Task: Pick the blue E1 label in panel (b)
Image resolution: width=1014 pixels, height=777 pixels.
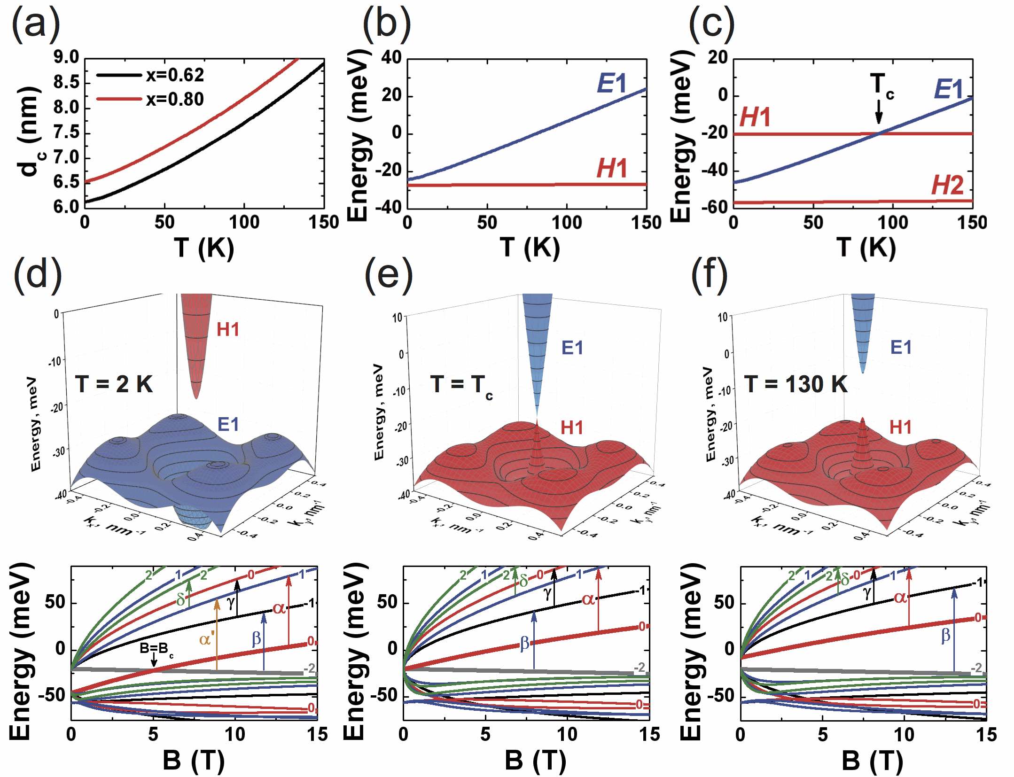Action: tap(612, 84)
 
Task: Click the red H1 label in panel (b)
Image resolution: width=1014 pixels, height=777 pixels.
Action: tap(612, 168)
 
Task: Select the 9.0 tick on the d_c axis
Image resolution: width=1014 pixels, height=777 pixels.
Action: tap(66, 58)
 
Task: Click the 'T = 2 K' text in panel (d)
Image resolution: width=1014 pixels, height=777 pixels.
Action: tap(114, 384)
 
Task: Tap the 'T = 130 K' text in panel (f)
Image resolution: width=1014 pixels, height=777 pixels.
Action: tap(796, 384)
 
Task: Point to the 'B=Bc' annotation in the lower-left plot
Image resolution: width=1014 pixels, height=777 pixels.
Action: tap(156, 648)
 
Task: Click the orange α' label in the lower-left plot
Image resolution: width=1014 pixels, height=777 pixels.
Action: tap(207, 639)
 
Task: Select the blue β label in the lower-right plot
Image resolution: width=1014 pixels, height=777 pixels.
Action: tap(945, 636)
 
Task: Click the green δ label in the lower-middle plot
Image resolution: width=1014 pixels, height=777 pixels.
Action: tap(523, 581)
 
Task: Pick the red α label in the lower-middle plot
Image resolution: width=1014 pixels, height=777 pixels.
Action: tap(588, 599)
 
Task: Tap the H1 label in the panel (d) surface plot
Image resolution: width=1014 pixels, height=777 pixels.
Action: tap(228, 330)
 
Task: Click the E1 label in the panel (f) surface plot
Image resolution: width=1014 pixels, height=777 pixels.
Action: tap(901, 347)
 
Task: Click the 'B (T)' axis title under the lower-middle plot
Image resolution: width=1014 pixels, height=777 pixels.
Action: tap(535, 760)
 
